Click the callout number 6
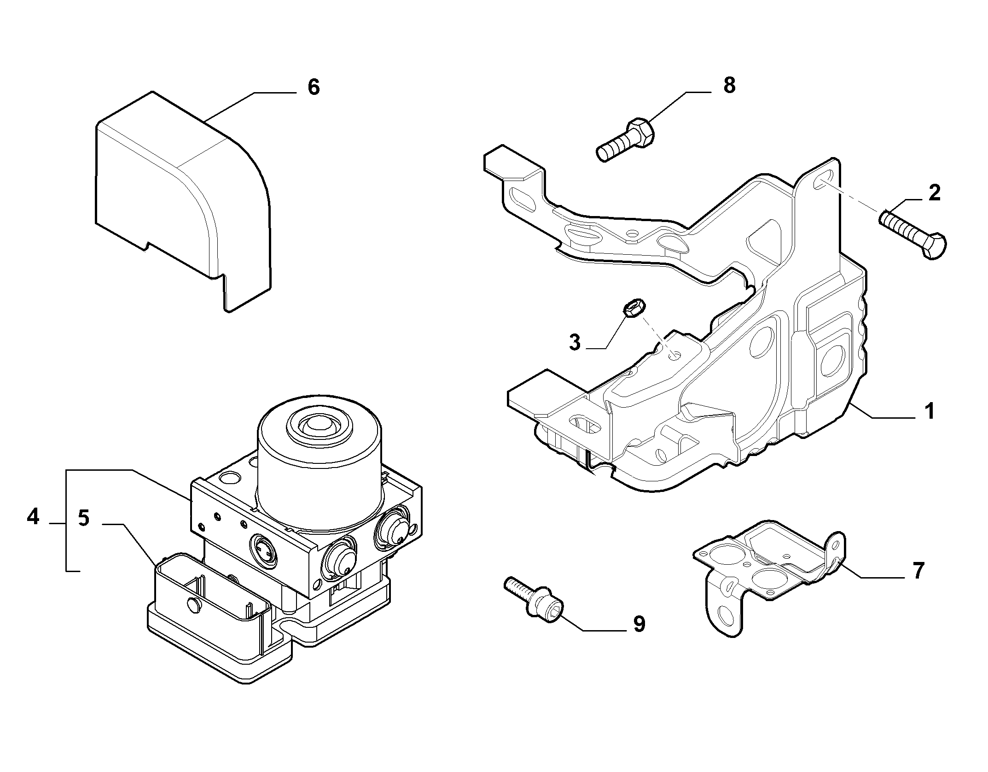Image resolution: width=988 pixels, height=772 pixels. pyautogui.click(x=314, y=87)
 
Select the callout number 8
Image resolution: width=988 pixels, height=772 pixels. pyautogui.click(x=730, y=85)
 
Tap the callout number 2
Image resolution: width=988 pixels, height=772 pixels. pyautogui.click(x=934, y=193)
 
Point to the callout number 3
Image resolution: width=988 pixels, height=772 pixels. pyautogui.click(x=575, y=343)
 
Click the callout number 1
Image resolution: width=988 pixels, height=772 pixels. pyautogui.click(x=930, y=411)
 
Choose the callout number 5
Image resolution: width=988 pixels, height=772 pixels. pyautogui.click(x=83, y=518)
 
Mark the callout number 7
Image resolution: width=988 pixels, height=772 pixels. pyautogui.click(x=918, y=571)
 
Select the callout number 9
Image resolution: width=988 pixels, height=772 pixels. pyautogui.click(x=639, y=624)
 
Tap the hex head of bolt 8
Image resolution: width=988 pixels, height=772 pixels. pyautogui.click(x=641, y=133)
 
